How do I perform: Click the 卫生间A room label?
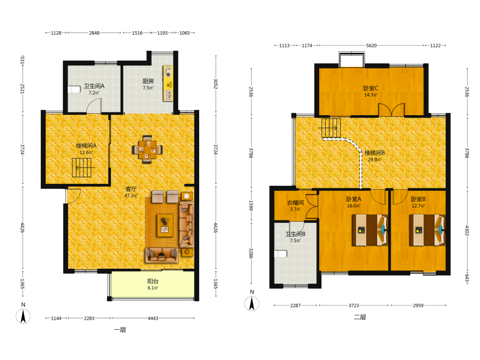[x=94, y=86]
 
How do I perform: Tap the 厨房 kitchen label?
[x=148, y=81]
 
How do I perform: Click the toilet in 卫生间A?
[x=74, y=89]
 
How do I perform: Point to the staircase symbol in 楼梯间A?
[x=82, y=168]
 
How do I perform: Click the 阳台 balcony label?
[x=153, y=281]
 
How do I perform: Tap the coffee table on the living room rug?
[x=165, y=226]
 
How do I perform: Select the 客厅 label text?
[x=131, y=189]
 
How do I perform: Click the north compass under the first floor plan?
[x=23, y=316]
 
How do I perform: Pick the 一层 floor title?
[x=120, y=330]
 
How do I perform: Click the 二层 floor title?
[x=360, y=317]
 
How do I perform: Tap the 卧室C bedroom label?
[x=371, y=88]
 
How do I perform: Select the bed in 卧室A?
[x=370, y=230]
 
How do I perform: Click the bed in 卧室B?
[x=427, y=230]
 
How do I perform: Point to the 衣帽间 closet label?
[x=295, y=203]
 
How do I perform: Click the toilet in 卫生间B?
[x=280, y=254]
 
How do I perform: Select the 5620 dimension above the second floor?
[x=372, y=46]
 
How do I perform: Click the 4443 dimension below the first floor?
[x=153, y=318]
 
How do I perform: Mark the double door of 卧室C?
[x=392, y=110]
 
